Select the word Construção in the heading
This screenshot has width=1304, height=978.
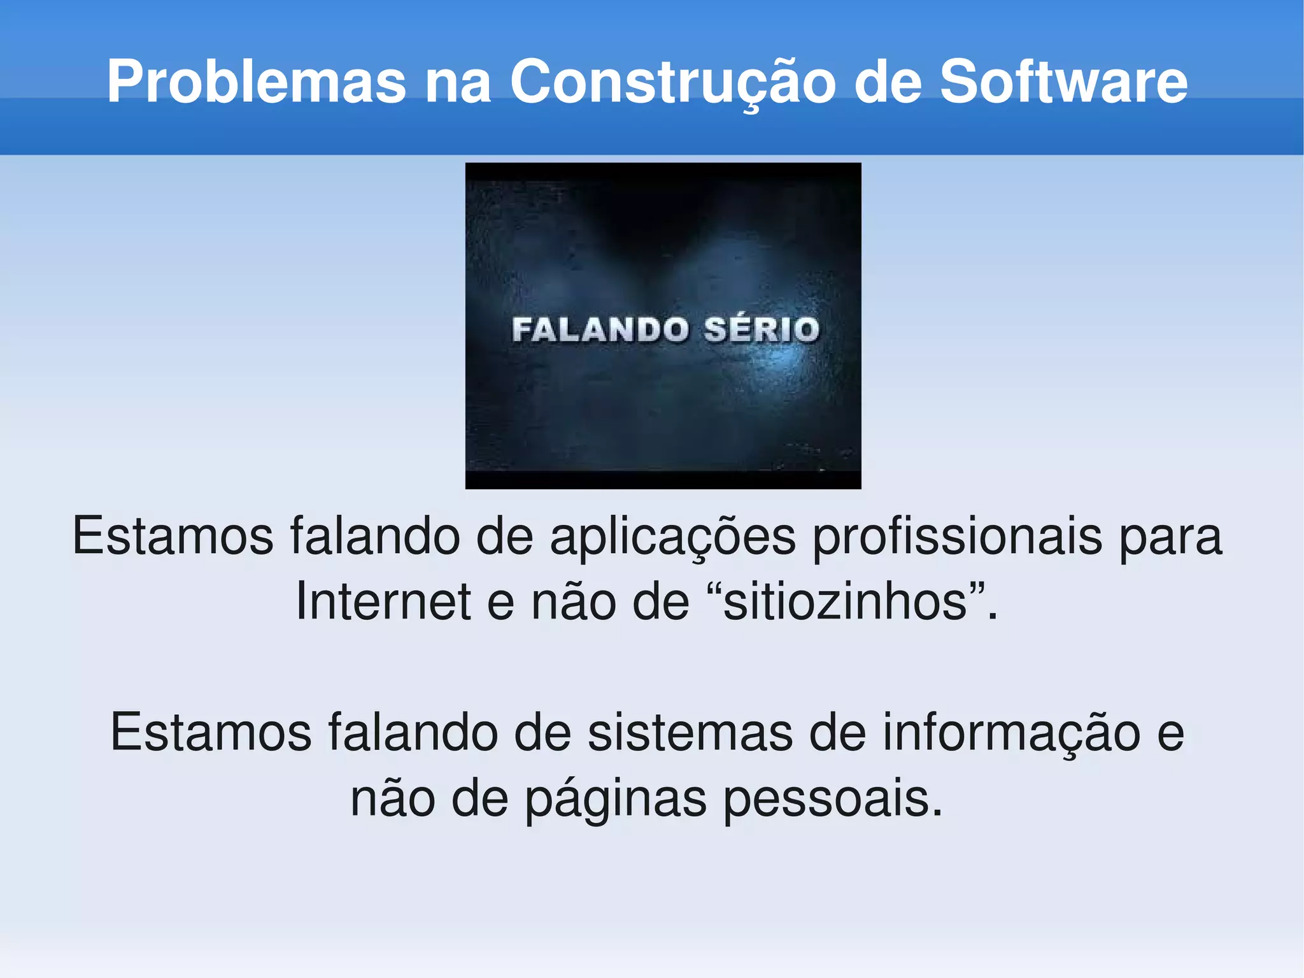tap(672, 82)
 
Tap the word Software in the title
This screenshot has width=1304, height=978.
tap(1063, 82)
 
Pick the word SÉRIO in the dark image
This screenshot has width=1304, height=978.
tap(762, 330)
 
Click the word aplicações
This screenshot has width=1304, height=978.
tap(672, 537)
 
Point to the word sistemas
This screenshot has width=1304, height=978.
tap(690, 733)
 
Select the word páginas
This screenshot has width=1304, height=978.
tap(615, 800)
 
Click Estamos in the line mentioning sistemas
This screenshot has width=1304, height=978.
tap(211, 733)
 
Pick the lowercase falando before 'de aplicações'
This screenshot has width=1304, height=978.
tap(375, 536)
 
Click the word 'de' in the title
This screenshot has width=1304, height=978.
tap(888, 82)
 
